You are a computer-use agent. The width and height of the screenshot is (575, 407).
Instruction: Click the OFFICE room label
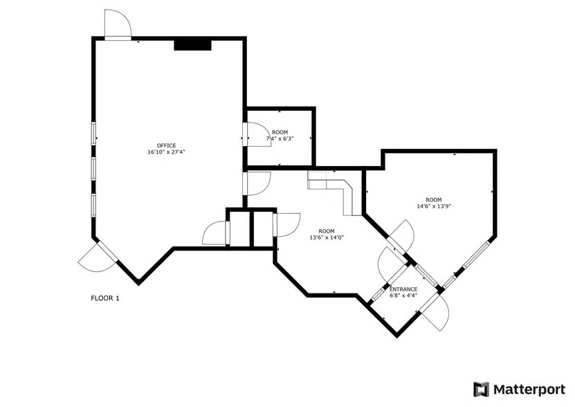tap(166, 145)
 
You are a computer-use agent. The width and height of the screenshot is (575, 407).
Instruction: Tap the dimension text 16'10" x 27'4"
tap(166, 152)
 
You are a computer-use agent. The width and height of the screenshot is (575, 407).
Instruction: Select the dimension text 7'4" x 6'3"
tap(280, 138)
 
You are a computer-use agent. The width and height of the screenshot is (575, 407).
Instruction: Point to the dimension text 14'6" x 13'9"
tap(434, 206)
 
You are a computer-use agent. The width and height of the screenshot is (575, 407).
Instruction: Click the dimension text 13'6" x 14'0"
tap(327, 237)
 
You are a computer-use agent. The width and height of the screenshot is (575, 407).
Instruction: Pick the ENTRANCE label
tap(403, 289)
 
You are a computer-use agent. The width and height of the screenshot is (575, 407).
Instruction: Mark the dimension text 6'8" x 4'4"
tap(403, 296)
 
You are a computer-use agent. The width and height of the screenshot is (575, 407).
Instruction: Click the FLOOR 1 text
tap(105, 298)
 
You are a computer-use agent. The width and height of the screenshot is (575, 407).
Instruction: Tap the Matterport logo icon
tap(481, 389)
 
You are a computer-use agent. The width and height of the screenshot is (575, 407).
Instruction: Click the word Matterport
tap(530, 389)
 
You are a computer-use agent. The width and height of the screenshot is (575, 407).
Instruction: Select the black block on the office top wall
tap(192, 44)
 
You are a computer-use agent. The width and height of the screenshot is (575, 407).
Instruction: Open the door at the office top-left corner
tap(117, 25)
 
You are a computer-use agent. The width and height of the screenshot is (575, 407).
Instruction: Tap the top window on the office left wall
tap(93, 133)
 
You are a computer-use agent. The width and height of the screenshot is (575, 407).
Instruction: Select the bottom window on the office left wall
tap(93, 205)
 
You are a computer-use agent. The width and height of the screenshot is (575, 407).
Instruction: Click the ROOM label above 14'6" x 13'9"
tap(434, 199)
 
